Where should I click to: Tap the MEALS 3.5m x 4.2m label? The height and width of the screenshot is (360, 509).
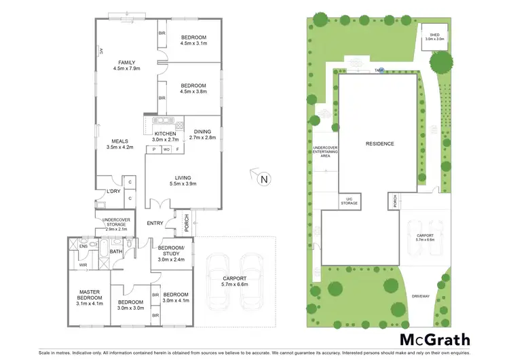[120, 143]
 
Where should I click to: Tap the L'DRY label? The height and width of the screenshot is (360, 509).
[113, 192]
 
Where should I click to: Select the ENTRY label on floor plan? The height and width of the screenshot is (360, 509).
[155, 223]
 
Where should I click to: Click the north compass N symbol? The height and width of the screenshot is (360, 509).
[265, 179]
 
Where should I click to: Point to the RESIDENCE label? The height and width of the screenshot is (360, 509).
[379, 144]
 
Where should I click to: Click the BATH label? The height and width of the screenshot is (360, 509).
[116, 252]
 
